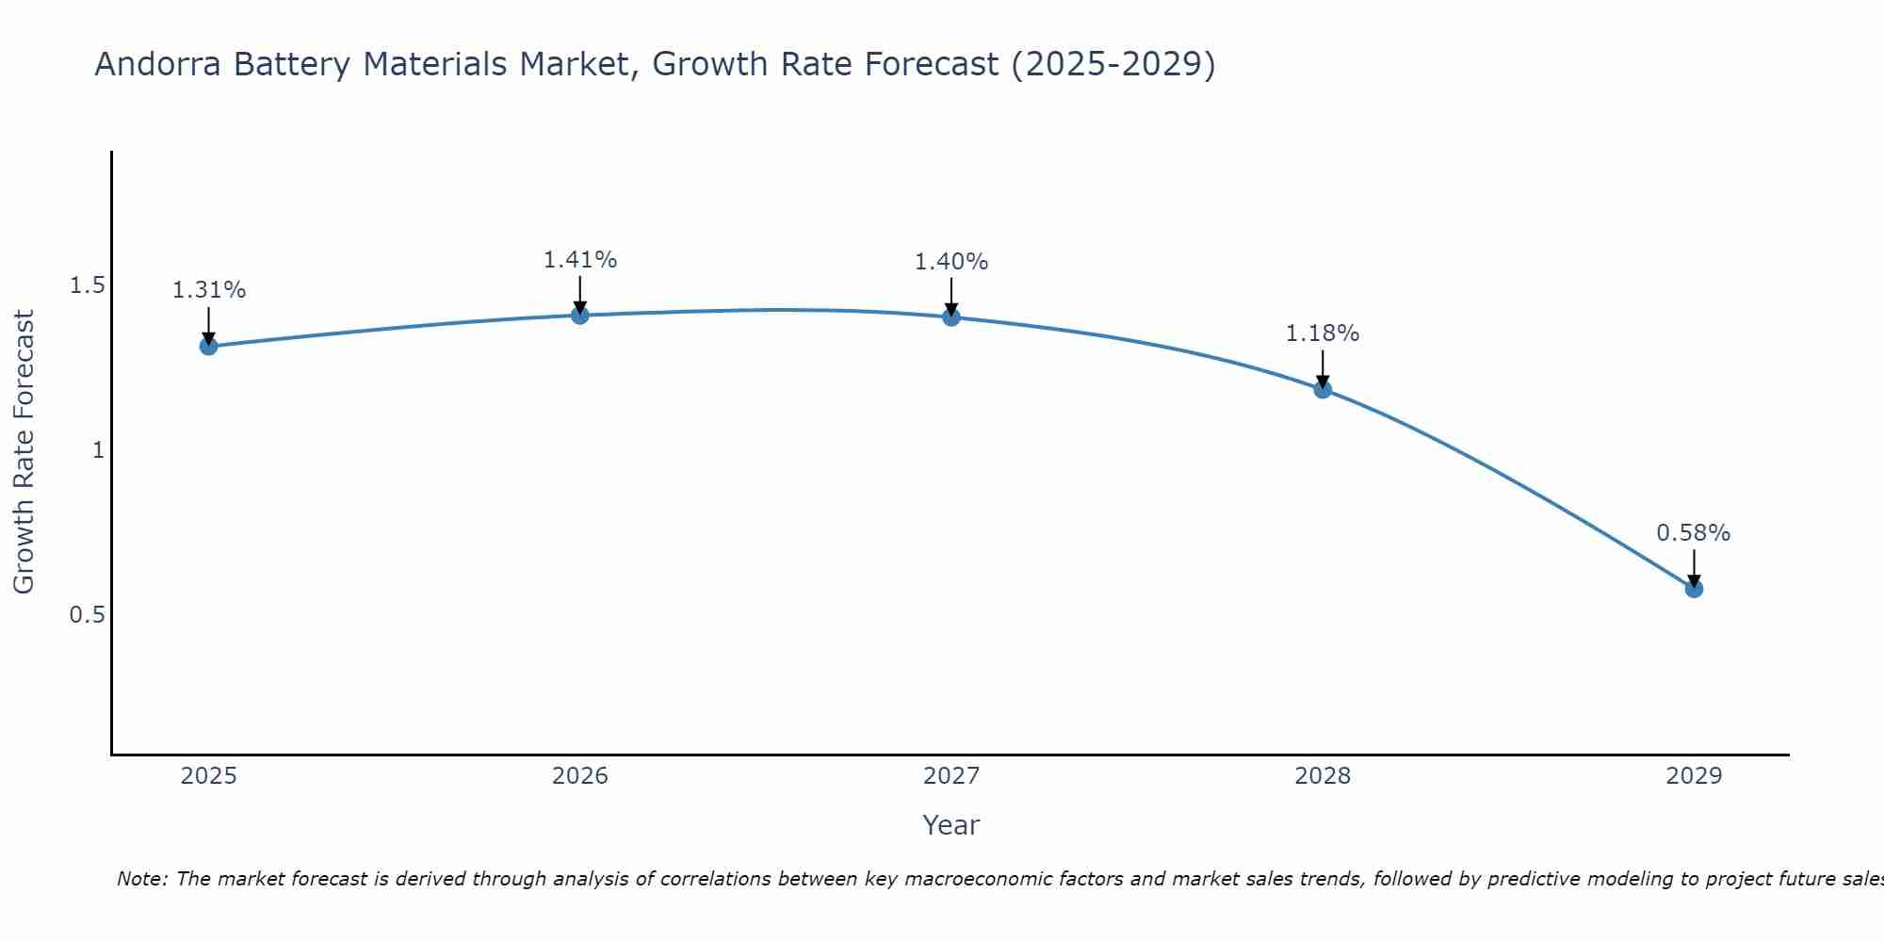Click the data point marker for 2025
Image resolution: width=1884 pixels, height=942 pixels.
pyautogui.click(x=209, y=347)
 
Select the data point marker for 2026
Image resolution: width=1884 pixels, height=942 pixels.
pyautogui.click(x=580, y=315)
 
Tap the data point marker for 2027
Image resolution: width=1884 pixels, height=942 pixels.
pyautogui.click(x=951, y=317)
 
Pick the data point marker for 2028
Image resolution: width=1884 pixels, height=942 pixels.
pyautogui.click(x=1323, y=389)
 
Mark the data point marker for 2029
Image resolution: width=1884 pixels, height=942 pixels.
pyautogui.click(x=1694, y=589)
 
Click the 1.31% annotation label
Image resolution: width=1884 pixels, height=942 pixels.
pyautogui.click(x=209, y=290)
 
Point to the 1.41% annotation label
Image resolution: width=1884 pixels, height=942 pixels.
pyautogui.click(x=580, y=259)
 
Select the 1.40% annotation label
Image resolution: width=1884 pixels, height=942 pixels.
pyautogui.click(x=951, y=262)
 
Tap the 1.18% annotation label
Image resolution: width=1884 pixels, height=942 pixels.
pyautogui.click(x=1323, y=333)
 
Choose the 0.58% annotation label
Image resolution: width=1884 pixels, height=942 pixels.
pyautogui.click(x=1694, y=533)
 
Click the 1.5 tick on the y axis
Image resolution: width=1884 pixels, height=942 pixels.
pyautogui.click(x=87, y=285)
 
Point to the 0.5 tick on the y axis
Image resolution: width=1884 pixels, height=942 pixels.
pyautogui.click(x=87, y=614)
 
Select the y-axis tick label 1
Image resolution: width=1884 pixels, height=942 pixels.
pyautogui.click(x=97, y=450)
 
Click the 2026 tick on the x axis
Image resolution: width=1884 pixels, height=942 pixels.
pyautogui.click(x=580, y=776)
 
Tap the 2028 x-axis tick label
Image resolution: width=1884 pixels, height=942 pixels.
pyautogui.click(x=1323, y=776)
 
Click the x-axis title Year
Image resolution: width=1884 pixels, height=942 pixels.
pyautogui.click(x=951, y=825)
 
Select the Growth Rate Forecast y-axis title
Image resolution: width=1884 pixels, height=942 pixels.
pyautogui.click(x=24, y=451)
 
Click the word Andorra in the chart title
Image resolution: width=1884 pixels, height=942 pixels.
pyautogui.click(x=158, y=64)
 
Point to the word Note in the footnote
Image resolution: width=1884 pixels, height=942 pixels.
pyautogui.click(x=141, y=879)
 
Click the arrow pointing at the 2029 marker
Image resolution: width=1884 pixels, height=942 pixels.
pyautogui.click(x=1694, y=568)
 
